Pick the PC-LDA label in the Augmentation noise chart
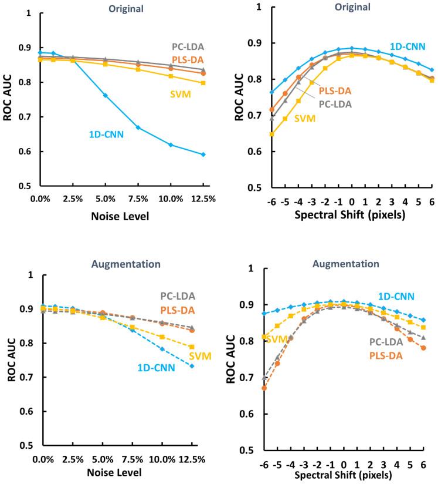coord(179,296)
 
